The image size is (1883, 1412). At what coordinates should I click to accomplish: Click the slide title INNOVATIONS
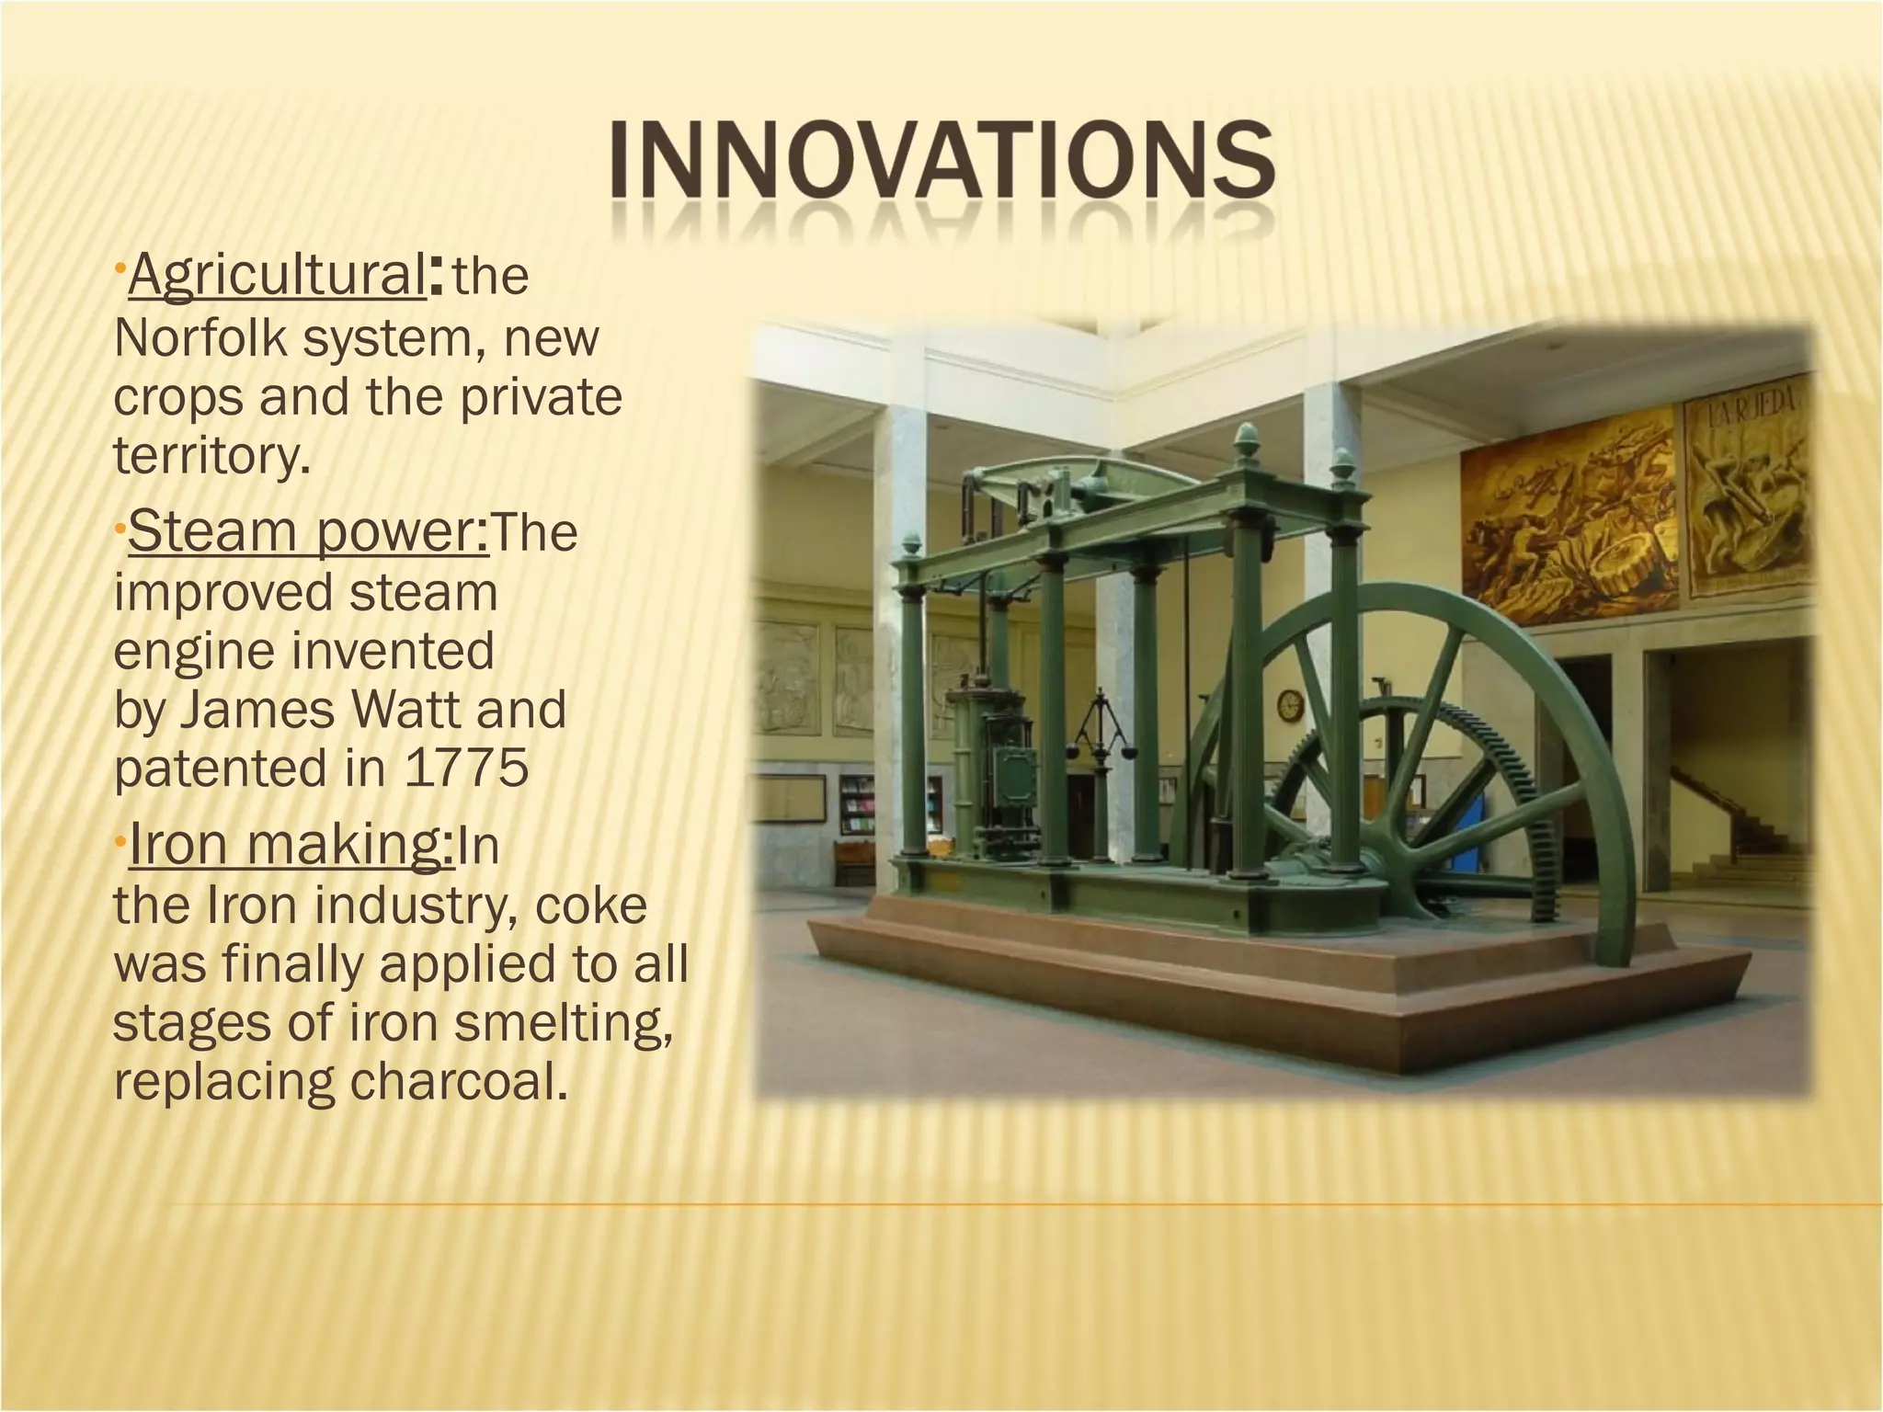click(941, 165)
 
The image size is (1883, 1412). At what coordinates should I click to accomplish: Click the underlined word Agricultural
click(276, 276)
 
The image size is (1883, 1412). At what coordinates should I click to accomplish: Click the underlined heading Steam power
click(309, 532)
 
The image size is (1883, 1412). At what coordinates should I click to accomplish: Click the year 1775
click(467, 769)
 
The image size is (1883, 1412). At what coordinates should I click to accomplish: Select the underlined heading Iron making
click(291, 845)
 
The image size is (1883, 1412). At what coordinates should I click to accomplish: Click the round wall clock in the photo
click(1290, 706)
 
